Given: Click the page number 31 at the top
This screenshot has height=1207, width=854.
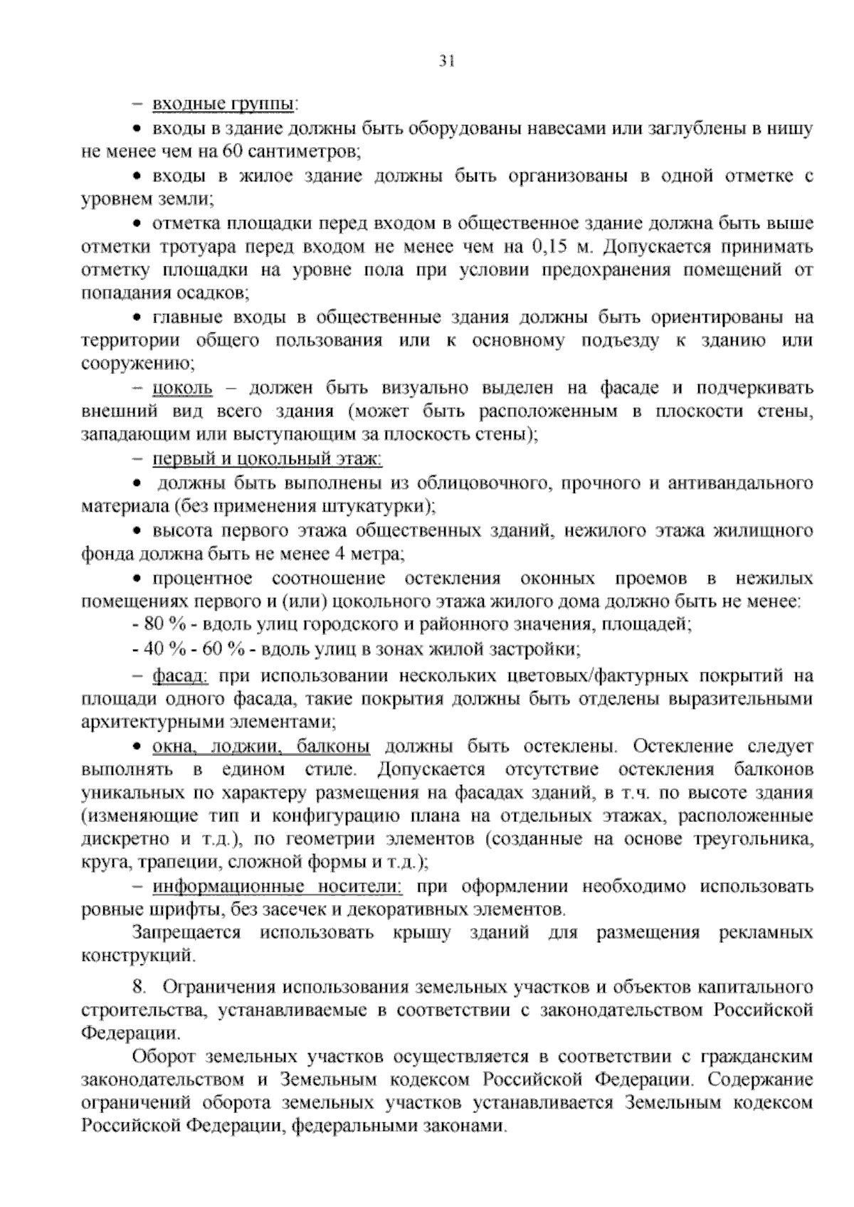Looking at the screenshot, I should (x=446, y=61).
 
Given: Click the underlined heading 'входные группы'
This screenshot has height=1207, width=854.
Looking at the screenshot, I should (x=223, y=105).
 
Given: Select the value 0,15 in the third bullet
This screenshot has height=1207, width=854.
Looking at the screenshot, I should (x=549, y=246).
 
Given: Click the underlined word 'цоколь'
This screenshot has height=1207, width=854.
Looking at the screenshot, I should (x=182, y=388).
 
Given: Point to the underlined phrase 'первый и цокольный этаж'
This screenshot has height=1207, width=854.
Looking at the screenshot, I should (x=267, y=459).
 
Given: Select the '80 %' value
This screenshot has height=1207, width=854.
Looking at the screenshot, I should (x=162, y=625).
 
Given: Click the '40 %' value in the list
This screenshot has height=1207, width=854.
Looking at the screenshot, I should (x=162, y=649).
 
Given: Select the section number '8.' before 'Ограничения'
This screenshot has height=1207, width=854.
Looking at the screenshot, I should (x=139, y=987).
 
